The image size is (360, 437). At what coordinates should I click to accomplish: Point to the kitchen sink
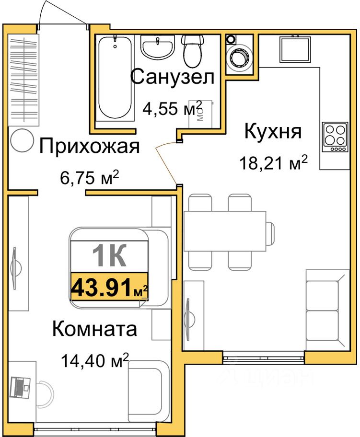pyautogui.click(x=295, y=49)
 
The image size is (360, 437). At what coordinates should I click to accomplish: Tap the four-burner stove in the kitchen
pyautogui.click(x=335, y=137)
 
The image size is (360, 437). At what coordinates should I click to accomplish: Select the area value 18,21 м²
pyautogui.click(x=274, y=162)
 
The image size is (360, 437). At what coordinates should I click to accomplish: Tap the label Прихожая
pyautogui.click(x=89, y=146)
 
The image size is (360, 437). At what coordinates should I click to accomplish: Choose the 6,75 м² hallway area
pyautogui.click(x=89, y=177)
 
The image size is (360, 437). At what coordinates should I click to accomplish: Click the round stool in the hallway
pyautogui.click(x=22, y=141)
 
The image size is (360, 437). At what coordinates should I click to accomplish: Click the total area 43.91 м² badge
pyautogui.click(x=110, y=287)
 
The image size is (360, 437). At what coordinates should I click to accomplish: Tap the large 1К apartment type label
pyautogui.click(x=109, y=255)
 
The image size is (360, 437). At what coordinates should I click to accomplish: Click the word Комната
pyautogui.click(x=95, y=329)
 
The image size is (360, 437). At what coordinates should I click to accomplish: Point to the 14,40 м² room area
pyautogui.click(x=95, y=361)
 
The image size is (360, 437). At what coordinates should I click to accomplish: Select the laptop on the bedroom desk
pyautogui.click(x=20, y=387)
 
